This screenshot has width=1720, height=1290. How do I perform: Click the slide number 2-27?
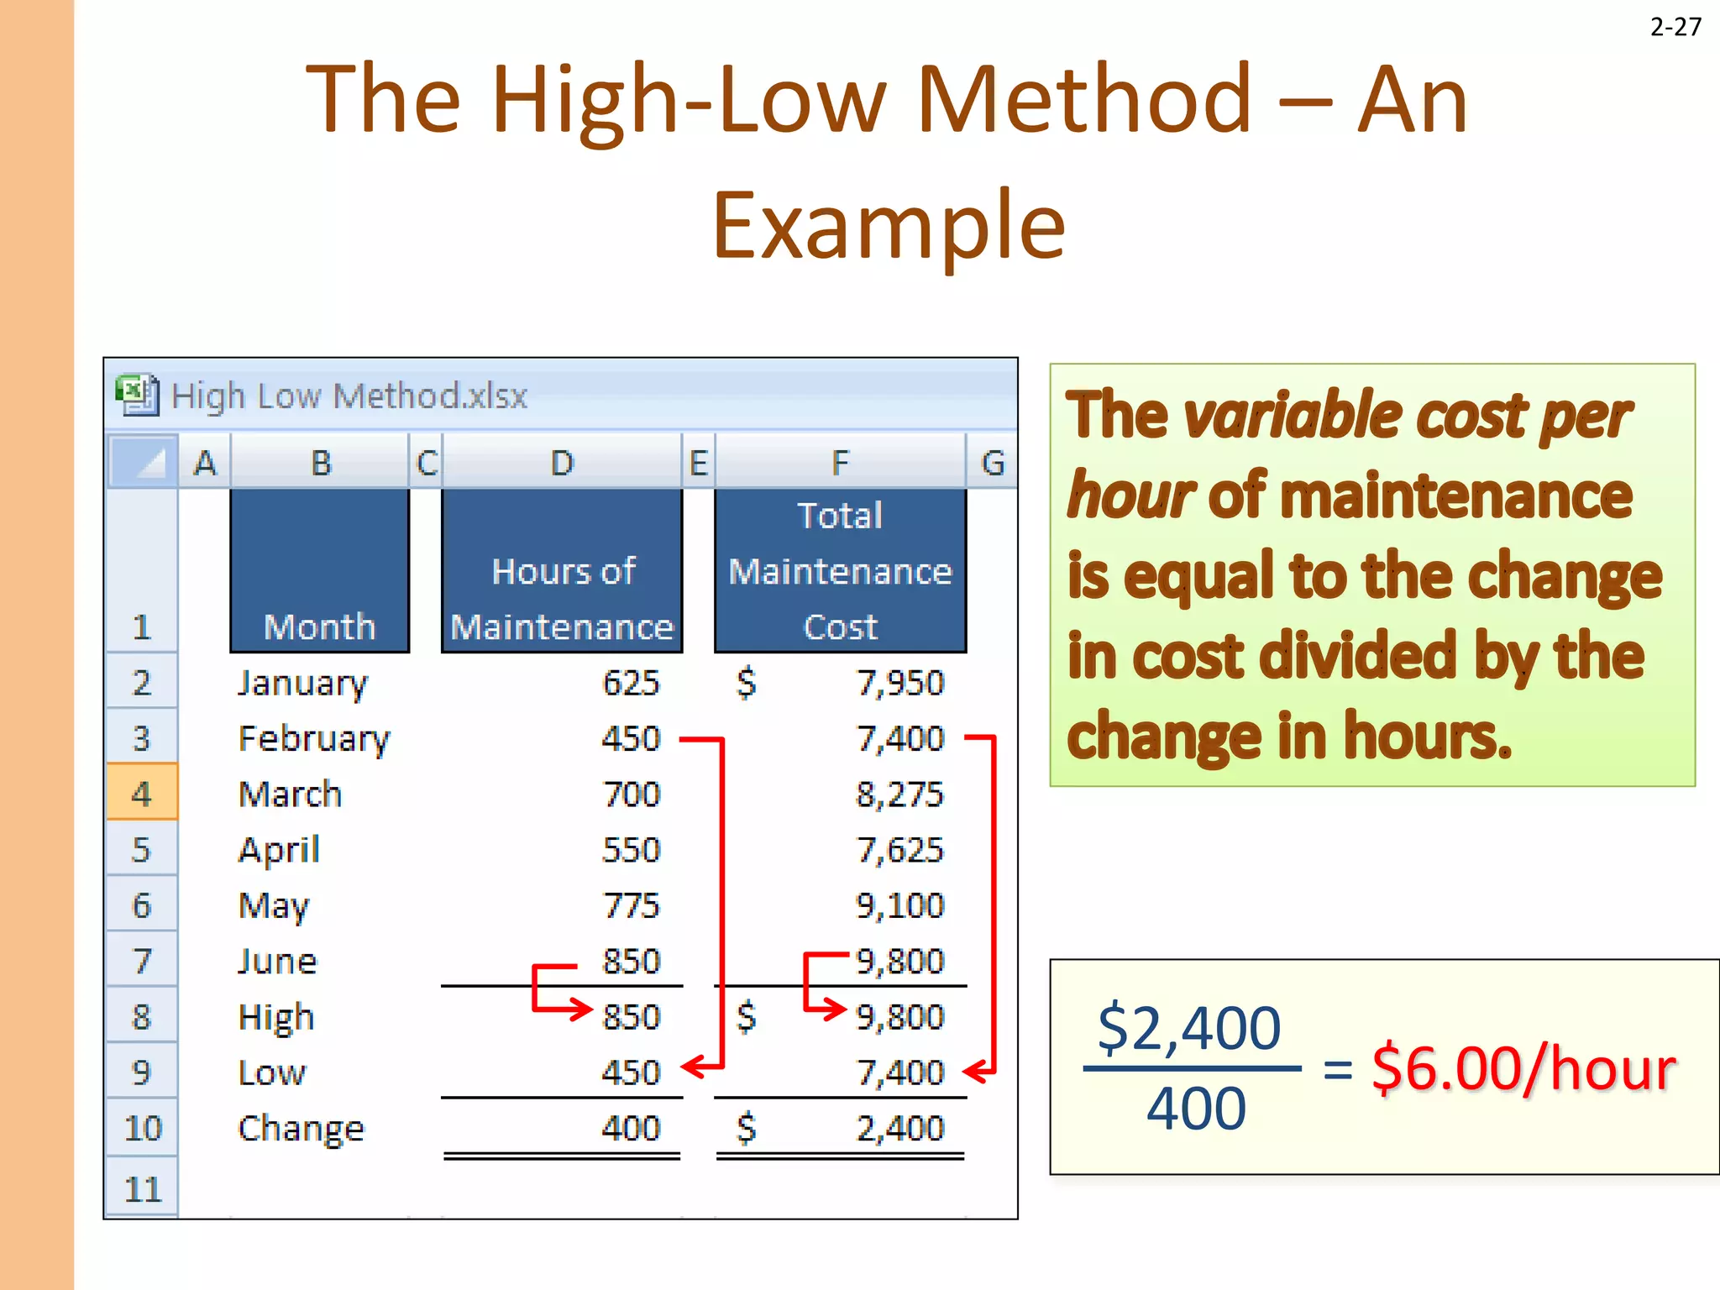coord(1675,27)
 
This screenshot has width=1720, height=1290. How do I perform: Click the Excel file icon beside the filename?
coord(137,395)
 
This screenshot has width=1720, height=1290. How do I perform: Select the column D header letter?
coord(562,463)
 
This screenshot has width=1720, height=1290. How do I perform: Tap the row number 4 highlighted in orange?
coord(142,794)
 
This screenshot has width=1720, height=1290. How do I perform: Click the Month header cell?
coord(319,571)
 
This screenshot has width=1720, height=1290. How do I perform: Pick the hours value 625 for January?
coord(631,683)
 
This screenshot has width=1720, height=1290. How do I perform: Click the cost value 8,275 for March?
coord(899,794)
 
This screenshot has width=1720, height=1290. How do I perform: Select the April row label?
coord(279,850)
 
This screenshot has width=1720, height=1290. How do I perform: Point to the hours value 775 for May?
coord(631,905)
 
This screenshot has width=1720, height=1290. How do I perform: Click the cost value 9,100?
coord(899,905)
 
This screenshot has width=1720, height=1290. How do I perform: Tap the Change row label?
coord(301,1129)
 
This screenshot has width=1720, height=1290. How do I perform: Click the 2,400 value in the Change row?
coord(899,1129)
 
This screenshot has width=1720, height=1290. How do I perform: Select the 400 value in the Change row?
coord(631,1129)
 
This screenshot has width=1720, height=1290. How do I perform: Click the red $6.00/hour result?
coord(1523,1069)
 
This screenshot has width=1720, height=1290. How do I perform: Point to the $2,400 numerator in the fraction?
coord(1189,1028)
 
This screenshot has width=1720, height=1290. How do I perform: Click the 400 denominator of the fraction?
coord(1196,1109)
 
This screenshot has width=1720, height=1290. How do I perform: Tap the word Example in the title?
coord(889,225)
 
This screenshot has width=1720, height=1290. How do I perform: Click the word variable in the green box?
coord(1290,416)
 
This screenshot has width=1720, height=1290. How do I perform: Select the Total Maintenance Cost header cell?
coord(840,571)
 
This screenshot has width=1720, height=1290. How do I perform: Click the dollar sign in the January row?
coord(746,683)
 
